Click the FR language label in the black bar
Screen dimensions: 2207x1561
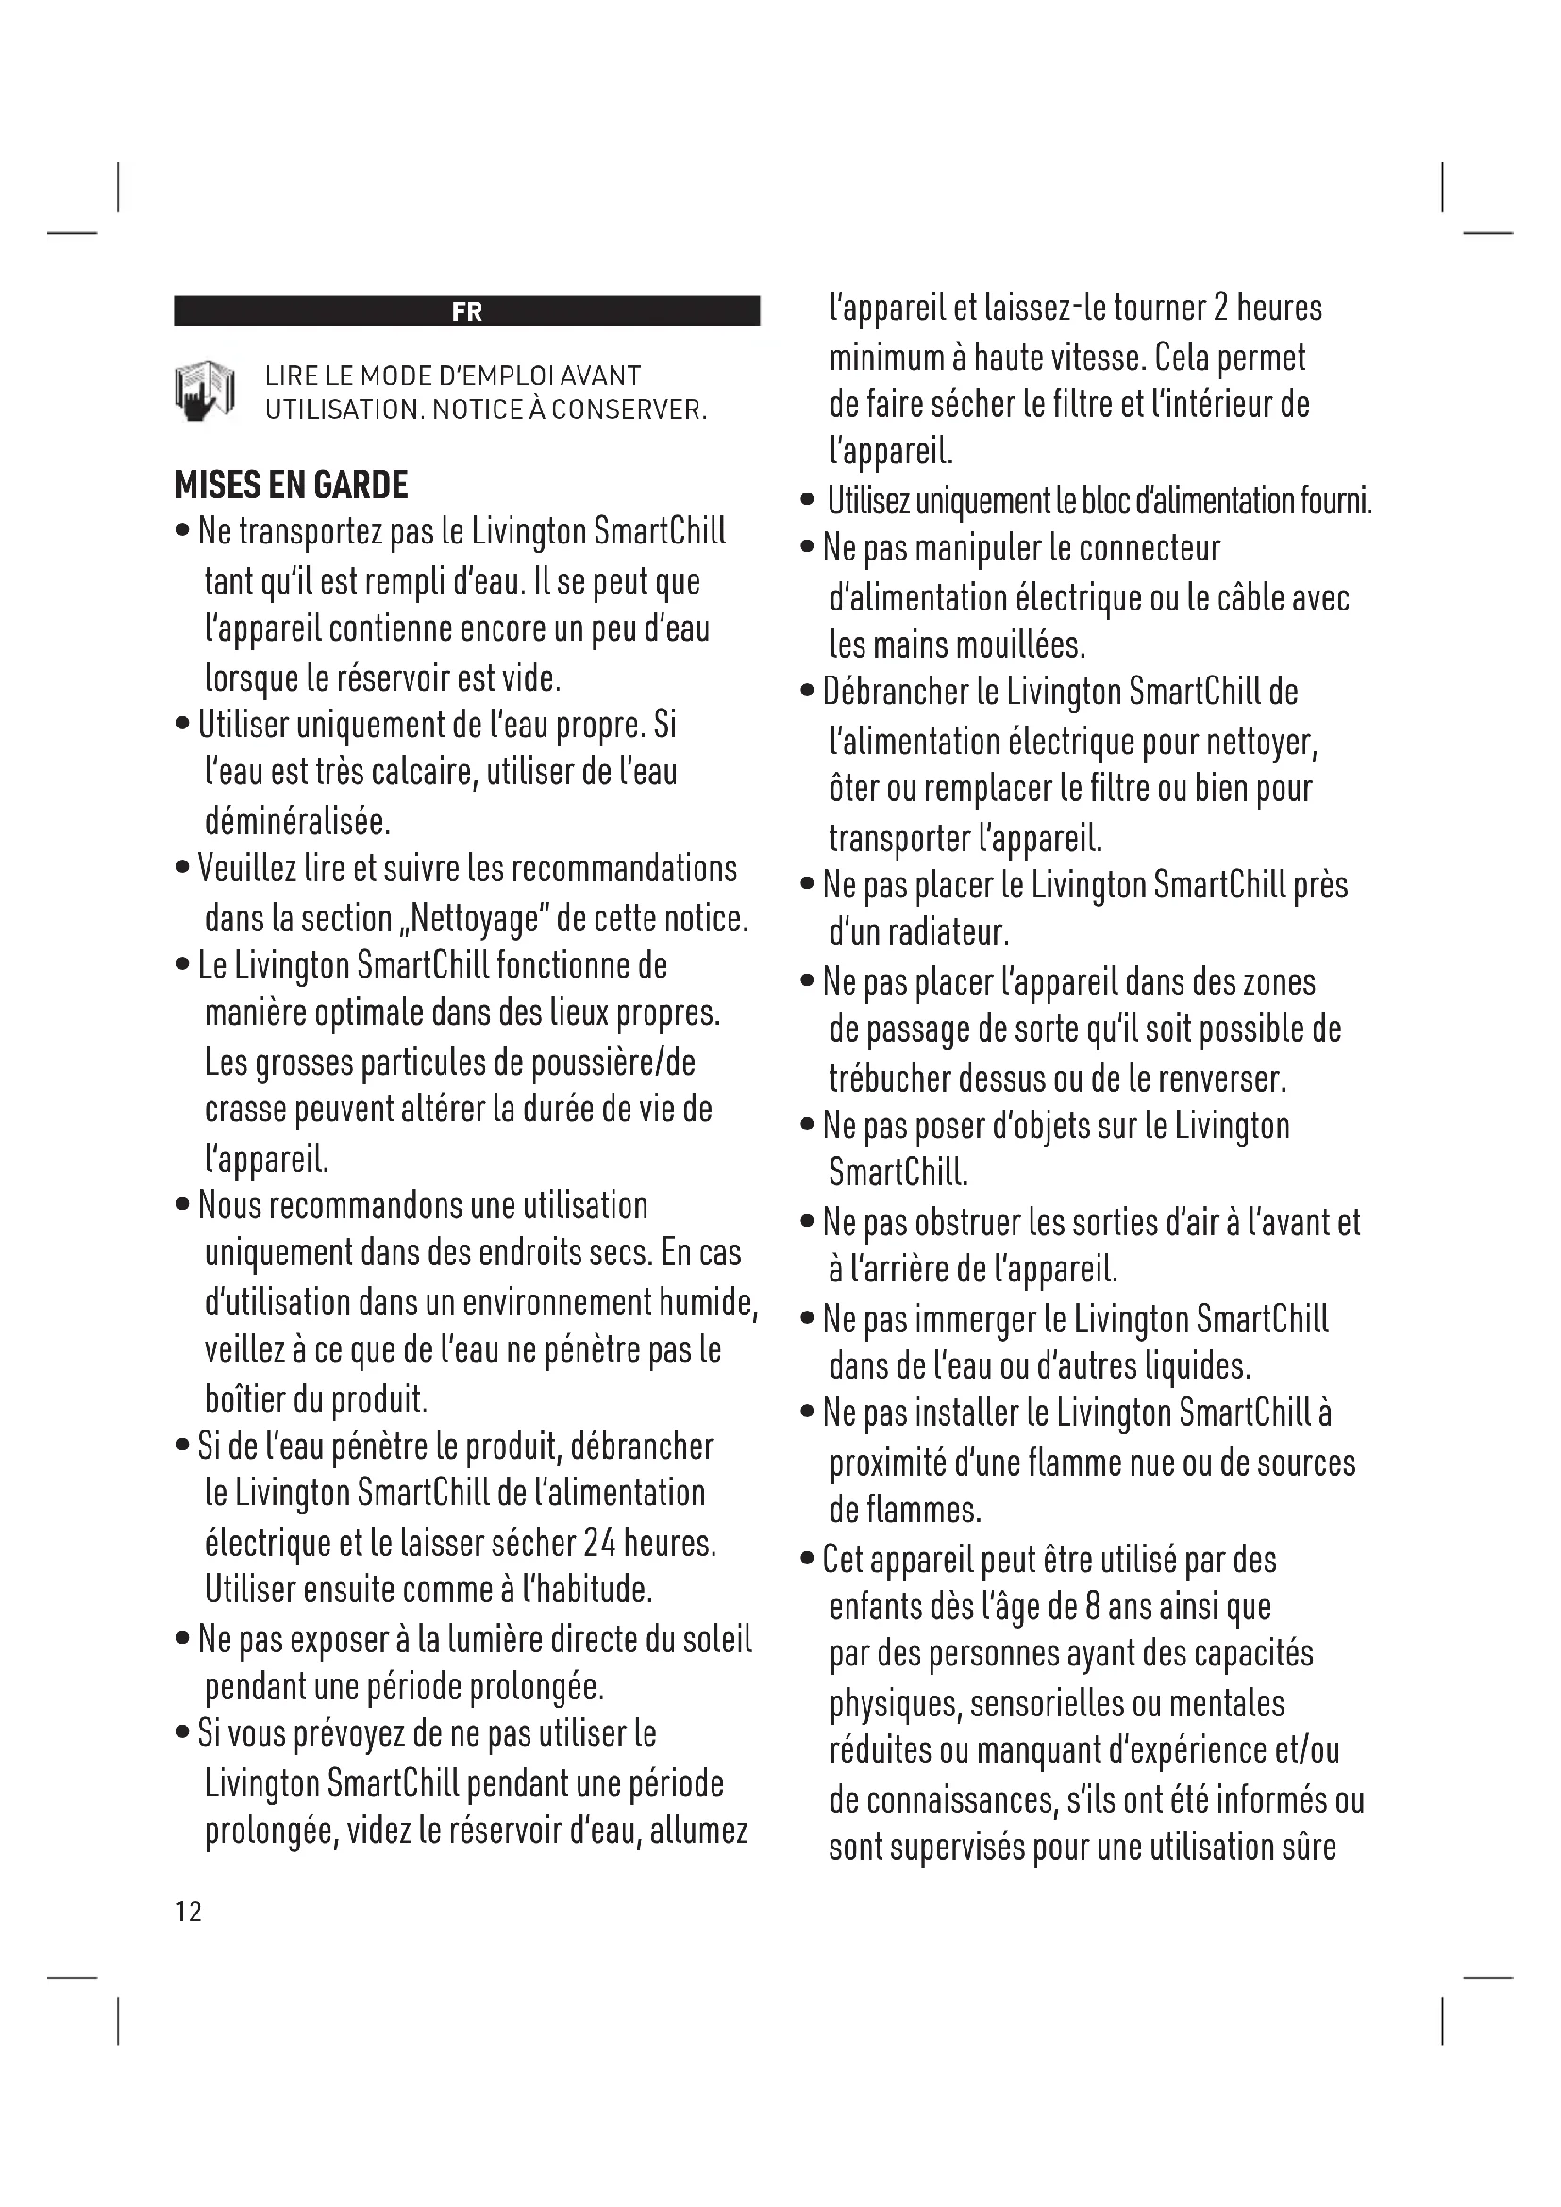click(x=466, y=311)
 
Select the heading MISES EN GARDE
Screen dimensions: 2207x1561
click(x=292, y=484)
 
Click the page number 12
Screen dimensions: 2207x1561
click(x=189, y=1912)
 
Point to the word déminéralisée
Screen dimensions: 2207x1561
click(x=297, y=822)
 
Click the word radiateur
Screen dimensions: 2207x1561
click(x=948, y=932)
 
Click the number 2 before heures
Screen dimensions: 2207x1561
click(x=1220, y=308)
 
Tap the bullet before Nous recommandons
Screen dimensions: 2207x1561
click(x=183, y=1205)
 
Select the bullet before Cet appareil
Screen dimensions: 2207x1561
click(x=808, y=1559)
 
